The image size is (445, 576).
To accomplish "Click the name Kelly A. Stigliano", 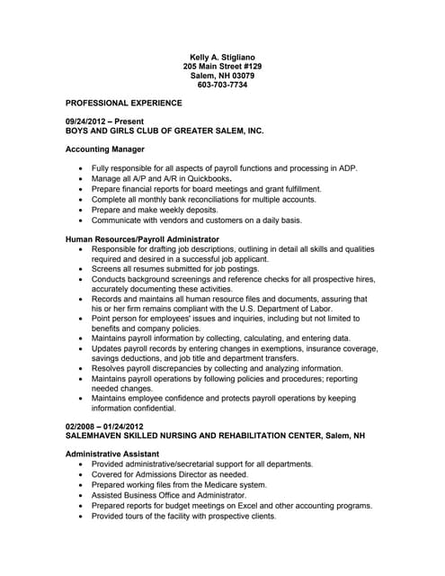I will (221, 56).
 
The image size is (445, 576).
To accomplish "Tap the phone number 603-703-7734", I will (221, 85).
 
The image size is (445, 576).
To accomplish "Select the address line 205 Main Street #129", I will (221, 66).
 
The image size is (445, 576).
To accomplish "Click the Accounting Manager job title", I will (105, 148).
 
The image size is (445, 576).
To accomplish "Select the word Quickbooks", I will (209, 178).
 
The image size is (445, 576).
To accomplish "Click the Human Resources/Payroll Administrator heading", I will (143, 238).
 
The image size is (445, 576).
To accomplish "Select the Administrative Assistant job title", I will (112, 454).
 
